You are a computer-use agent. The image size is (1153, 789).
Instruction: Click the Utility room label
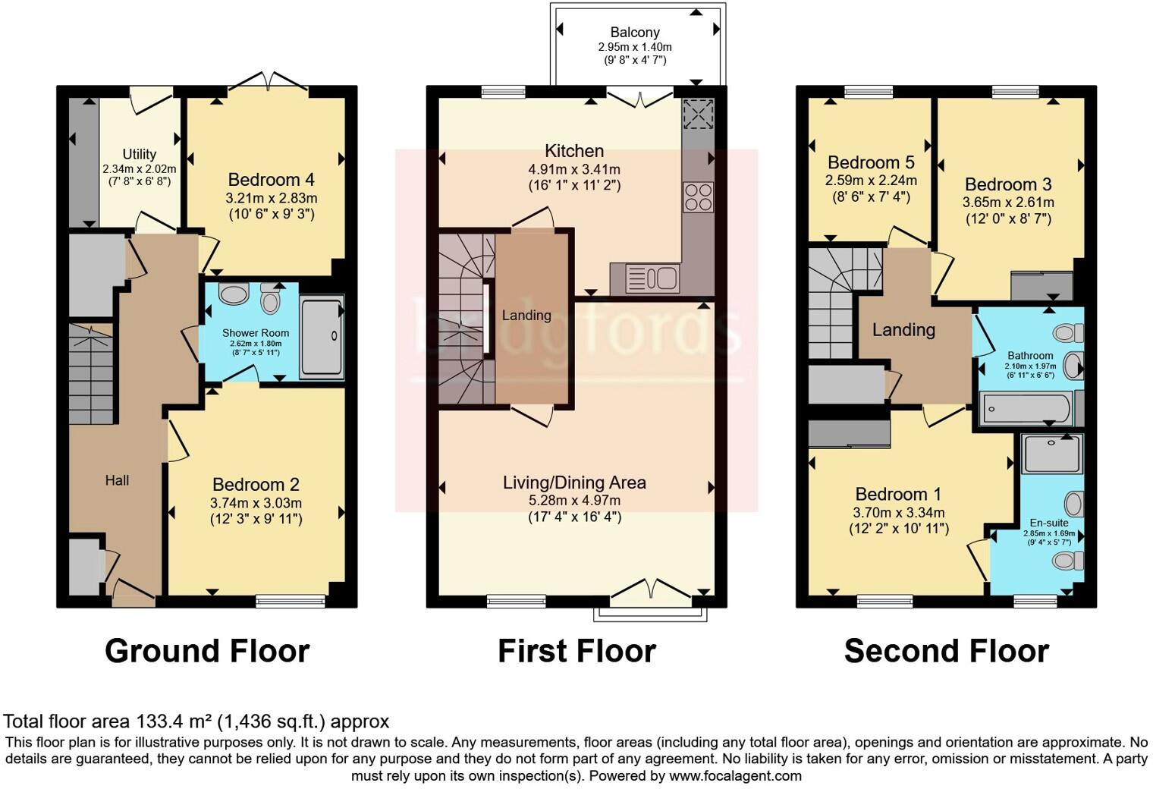pos(140,154)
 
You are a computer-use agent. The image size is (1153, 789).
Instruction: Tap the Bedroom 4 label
pos(271,180)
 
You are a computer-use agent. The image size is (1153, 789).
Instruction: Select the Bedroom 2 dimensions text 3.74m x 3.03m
pos(256,503)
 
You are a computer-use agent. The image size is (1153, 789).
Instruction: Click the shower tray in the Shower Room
pos(322,337)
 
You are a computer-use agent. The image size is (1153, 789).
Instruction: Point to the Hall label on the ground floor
pos(117,480)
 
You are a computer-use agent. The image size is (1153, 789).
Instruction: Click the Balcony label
pos(635,33)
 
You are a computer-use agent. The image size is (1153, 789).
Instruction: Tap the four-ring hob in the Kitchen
pos(699,197)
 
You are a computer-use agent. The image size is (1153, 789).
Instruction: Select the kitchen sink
pos(652,278)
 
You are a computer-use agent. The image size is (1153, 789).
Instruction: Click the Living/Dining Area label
pos(574,483)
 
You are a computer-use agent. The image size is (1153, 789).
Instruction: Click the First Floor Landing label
pos(526,315)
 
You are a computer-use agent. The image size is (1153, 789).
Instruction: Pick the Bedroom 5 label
pos(871,162)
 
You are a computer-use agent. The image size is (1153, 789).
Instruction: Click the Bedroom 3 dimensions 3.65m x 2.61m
pos(1008,203)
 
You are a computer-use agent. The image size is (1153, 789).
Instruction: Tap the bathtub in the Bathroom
pos(1026,409)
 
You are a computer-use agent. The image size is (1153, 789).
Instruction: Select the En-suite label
pos(1049,523)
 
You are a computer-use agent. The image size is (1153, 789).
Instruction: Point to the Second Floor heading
pos(946,651)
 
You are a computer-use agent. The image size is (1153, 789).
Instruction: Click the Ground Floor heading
pos(207,651)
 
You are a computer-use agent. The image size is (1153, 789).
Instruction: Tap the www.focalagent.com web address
pos(735,775)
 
